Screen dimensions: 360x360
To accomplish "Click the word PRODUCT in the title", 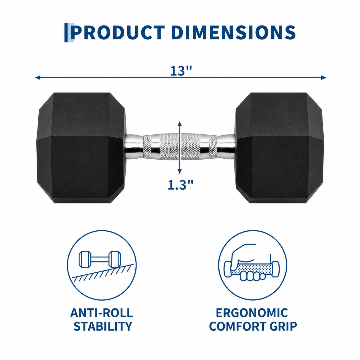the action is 118,32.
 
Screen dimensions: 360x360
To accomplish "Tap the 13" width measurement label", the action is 181,71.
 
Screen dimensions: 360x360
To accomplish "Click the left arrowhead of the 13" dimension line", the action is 37,77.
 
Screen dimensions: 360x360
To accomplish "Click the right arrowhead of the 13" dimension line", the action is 324,77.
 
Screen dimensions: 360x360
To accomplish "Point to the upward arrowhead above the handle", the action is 179,124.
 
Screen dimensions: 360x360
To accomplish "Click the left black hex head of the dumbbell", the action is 81,148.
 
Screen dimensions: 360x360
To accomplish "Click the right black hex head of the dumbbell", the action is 280,148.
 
